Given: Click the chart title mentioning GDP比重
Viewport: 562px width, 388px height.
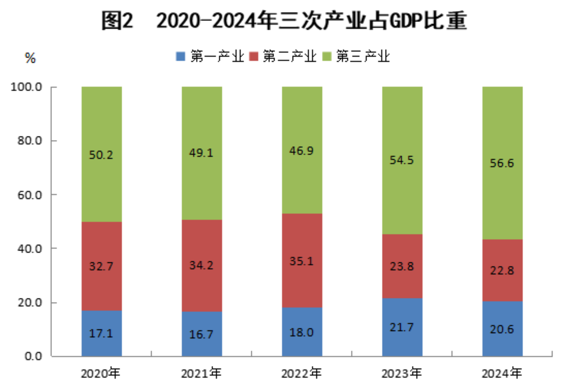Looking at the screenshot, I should pos(284,21).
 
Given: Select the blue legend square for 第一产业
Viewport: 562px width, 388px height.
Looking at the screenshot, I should pos(180,56).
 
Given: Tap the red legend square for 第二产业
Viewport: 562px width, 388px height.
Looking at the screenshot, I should pos(253,56).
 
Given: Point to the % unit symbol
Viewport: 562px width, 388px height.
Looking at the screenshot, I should pos(30,58).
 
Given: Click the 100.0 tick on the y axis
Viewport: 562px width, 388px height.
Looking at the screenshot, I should pos(26,87).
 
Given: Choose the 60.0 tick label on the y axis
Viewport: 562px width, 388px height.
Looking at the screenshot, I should pos(30,195).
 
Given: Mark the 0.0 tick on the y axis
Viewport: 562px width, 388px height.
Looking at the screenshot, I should pos(33,356).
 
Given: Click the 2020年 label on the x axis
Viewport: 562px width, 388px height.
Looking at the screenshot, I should pos(101,373).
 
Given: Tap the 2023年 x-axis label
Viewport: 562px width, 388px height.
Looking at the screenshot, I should pos(402,373).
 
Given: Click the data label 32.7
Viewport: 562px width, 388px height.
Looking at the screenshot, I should pos(101,266).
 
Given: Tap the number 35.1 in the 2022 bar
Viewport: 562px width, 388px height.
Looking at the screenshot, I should pos(301,261).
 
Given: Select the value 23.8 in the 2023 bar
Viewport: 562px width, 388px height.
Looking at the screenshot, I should pos(402,266).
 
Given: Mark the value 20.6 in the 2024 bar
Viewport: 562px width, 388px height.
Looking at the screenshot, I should pos(502,329).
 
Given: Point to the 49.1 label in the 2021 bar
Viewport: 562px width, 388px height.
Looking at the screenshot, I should pos(201,153).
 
